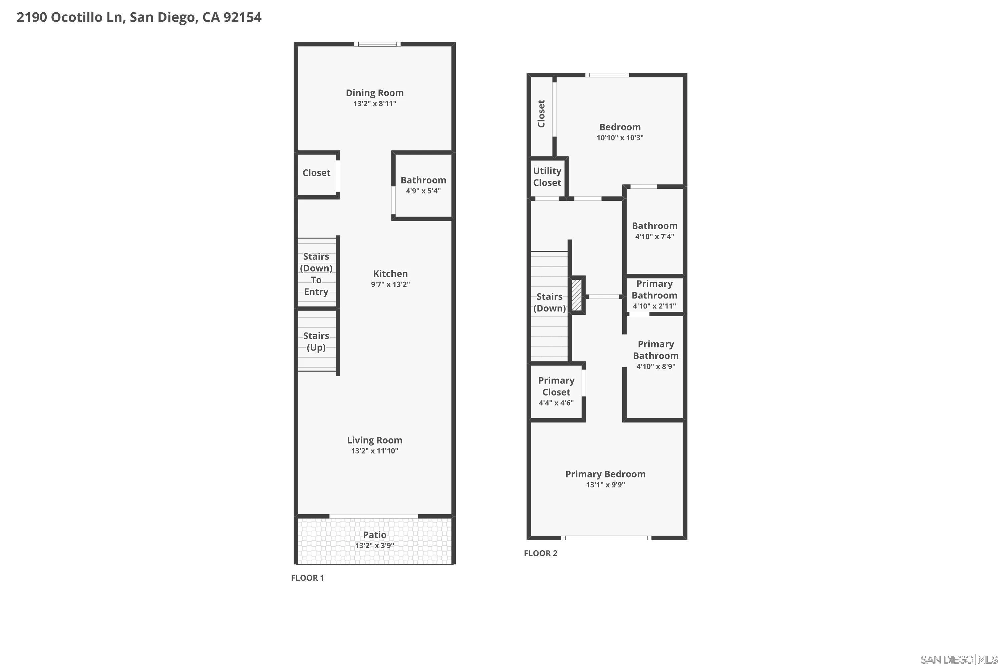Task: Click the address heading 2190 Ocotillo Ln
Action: (x=139, y=17)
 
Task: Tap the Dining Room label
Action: (x=374, y=93)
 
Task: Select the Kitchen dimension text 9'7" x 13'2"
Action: (x=390, y=284)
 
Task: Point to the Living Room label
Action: (x=374, y=440)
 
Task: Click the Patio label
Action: (x=374, y=535)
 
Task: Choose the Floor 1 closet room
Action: (x=316, y=173)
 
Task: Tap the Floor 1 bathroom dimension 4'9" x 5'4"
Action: (x=423, y=191)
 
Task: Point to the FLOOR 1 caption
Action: (x=307, y=578)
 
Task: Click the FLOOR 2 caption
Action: (x=541, y=553)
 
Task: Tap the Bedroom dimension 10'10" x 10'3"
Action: (x=620, y=138)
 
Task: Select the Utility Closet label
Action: (x=547, y=176)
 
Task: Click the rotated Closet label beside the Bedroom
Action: (x=541, y=114)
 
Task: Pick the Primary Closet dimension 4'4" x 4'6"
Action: (x=556, y=403)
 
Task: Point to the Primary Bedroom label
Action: (x=605, y=474)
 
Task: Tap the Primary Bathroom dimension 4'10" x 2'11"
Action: (x=654, y=306)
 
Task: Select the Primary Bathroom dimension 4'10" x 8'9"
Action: (x=655, y=367)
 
